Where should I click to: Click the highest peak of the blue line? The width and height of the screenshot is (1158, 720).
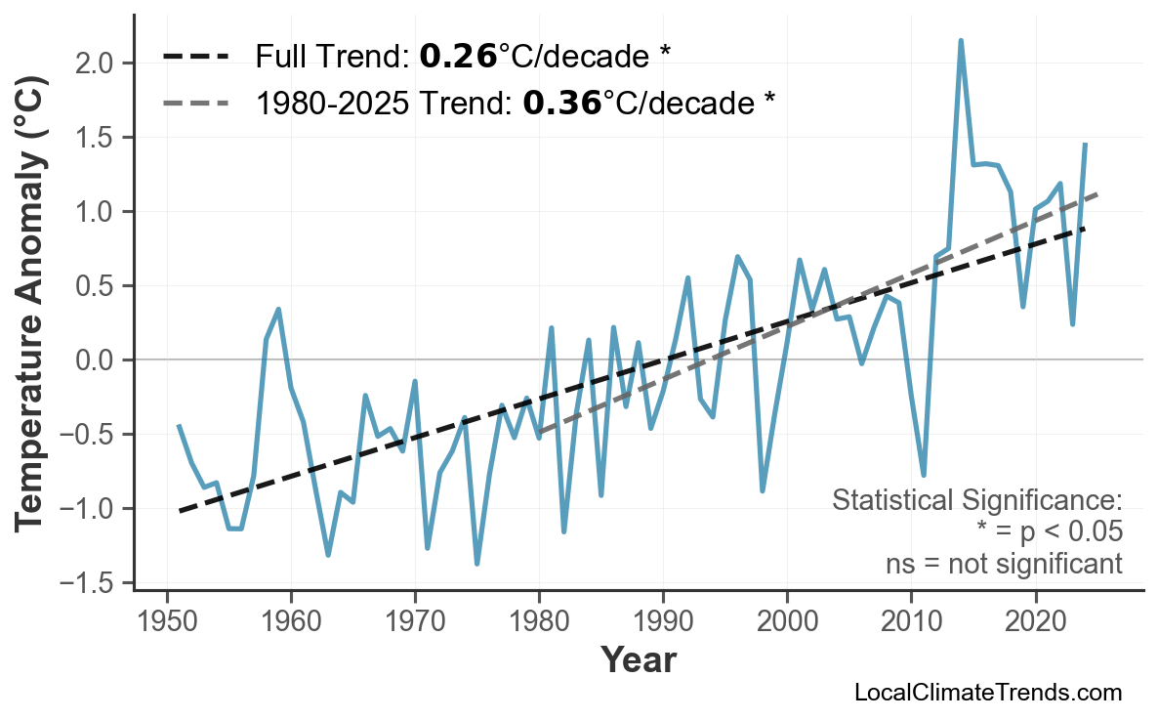(x=961, y=41)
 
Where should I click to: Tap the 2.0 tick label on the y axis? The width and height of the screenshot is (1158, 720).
(x=97, y=64)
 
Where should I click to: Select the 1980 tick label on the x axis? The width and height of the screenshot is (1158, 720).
(x=539, y=623)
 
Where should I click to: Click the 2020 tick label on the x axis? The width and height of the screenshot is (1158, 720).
(x=1035, y=623)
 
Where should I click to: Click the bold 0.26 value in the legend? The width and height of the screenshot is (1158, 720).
(x=458, y=57)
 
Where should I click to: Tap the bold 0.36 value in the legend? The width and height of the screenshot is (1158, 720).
(x=561, y=102)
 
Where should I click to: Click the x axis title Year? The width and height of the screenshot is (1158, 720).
(x=638, y=660)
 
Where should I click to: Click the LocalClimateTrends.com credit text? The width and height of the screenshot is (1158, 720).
(x=987, y=693)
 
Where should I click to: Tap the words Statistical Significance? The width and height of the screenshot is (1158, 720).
(x=976, y=500)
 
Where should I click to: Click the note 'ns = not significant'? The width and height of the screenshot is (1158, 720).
(x=1004, y=564)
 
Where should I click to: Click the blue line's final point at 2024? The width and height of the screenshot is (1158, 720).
(x=1085, y=145)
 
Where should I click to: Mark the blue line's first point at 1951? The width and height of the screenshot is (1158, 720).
(x=179, y=426)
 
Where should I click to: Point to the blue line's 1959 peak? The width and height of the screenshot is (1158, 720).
(x=278, y=310)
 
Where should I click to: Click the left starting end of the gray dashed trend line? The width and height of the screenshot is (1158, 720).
(x=538, y=432)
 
